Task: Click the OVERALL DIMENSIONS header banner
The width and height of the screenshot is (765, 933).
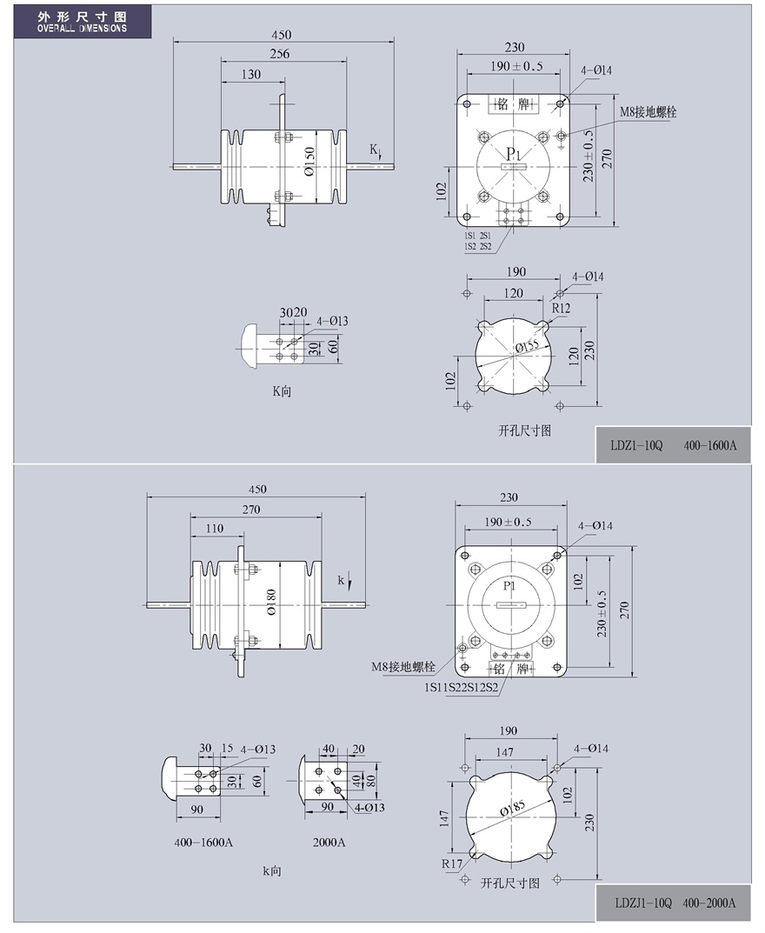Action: click(x=82, y=22)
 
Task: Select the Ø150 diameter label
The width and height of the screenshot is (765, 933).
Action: click(x=309, y=162)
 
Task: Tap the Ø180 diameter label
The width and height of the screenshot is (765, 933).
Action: click(x=270, y=603)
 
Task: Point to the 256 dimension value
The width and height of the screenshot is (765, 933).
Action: click(x=280, y=54)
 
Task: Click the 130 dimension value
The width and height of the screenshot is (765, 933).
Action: click(x=251, y=75)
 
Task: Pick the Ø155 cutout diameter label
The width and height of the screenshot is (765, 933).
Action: click(x=527, y=346)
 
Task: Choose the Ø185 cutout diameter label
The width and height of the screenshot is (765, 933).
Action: click(x=512, y=809)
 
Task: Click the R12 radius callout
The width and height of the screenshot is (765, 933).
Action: click(x=561, y=308)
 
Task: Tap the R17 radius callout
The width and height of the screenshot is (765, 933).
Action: click(x=452, y=864)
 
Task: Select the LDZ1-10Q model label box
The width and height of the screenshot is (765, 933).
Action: click(x=674, y=444)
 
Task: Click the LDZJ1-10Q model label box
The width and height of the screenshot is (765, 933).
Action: click(x=674, y=903)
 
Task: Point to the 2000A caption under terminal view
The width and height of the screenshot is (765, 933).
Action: click(x=329, y=842)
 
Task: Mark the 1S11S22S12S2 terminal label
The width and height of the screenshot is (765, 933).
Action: click(x=461, y=687)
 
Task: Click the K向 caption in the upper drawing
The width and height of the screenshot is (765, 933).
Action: click(x=282, y=391)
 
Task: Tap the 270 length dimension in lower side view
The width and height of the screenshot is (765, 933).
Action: click(x=251, y=510)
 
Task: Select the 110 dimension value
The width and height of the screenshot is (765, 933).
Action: click(x=214, y=529)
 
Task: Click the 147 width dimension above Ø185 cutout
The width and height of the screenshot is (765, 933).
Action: click(x=504, y=752)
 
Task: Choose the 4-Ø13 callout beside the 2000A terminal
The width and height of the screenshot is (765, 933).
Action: click(x=370, y=808)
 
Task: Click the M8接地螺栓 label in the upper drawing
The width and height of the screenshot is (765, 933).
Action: click(x=648, y=112)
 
